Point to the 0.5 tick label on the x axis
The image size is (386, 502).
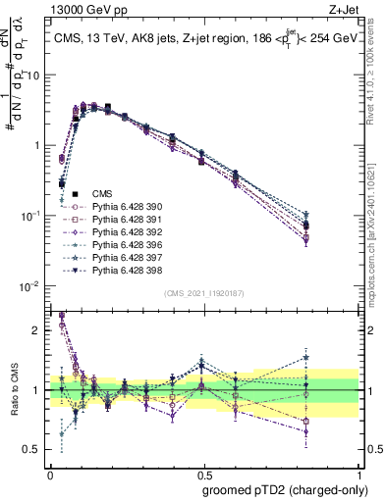coord(204,473)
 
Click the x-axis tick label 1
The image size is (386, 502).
coord(359,473)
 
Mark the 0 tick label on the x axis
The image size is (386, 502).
coord(50,473)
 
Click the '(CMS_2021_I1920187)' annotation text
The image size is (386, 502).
coord(204,293)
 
